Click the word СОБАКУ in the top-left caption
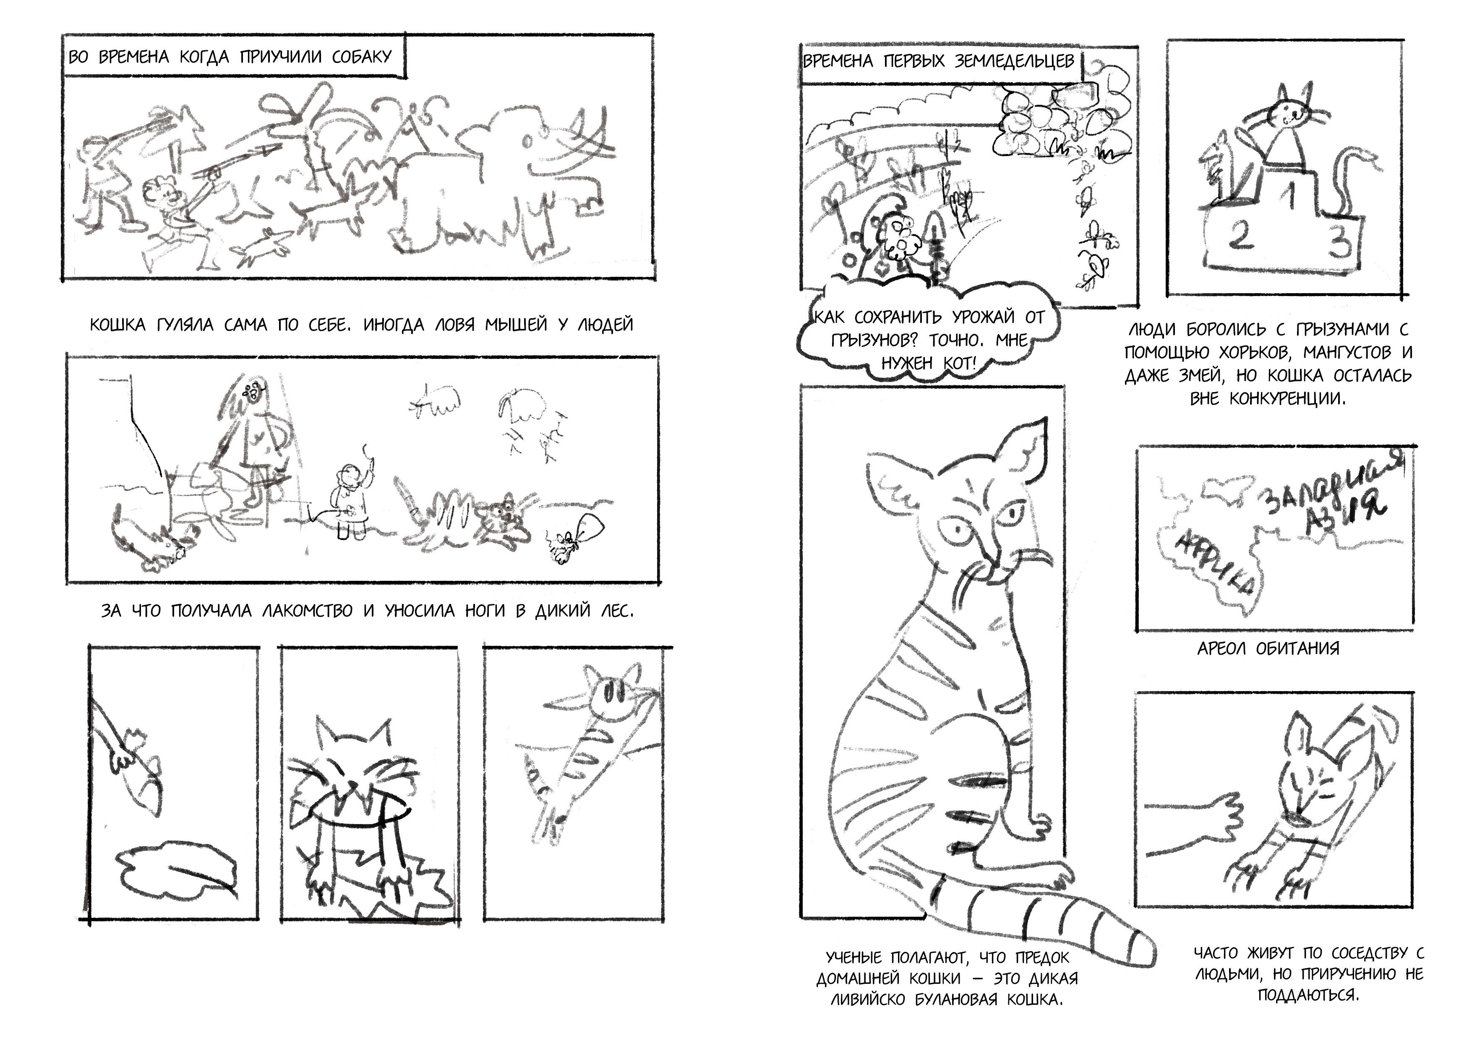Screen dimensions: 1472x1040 (362, 56)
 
